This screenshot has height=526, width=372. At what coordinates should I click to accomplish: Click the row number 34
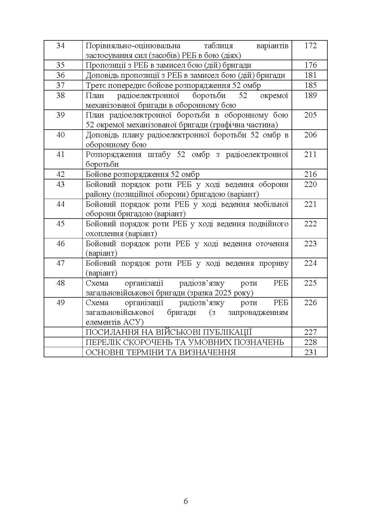pos(61,46)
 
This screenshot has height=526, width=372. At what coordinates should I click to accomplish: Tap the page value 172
pos(310,46)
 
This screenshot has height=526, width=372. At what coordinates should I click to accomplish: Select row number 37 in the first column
pos(61,85)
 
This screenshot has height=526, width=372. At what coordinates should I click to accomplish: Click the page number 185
pos(310,85)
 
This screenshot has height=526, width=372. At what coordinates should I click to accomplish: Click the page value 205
pos(310,115)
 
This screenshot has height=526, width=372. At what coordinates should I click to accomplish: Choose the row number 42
pos(61,174)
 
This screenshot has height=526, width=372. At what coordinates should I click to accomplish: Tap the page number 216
pos(310,174)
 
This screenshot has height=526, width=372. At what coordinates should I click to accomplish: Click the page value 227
pos(310,332)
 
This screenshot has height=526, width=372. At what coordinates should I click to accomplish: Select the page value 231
pos(310,352)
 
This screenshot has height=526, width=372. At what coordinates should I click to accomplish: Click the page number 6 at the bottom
pos(186,501)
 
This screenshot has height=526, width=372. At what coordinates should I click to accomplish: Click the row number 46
pos(61,244)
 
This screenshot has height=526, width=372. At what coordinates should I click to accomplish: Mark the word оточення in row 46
pos(272,244)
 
